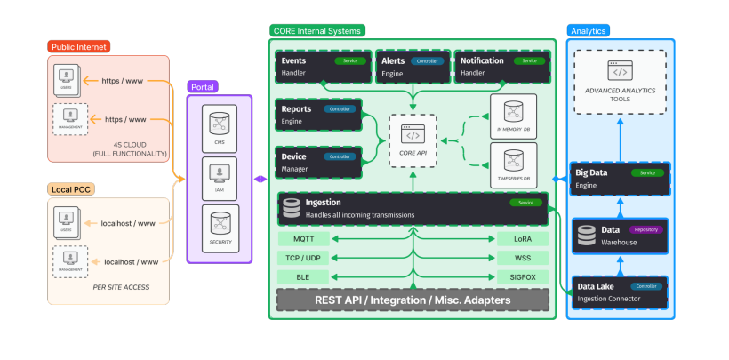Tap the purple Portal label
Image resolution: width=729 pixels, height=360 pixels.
click(204, 86)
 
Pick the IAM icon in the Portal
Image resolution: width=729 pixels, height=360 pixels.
click(219, 175)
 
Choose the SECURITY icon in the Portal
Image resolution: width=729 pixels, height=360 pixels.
click(219, 227)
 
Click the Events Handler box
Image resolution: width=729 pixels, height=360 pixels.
click(318, 66)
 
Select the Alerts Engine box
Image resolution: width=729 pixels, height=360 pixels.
click(412, 66)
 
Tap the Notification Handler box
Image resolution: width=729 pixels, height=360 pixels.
click(500, 66)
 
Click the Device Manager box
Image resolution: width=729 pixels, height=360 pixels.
click(318, 161)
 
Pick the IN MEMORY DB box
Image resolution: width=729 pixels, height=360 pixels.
click(513, 116)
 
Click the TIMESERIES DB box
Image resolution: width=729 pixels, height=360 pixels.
click(513, 165)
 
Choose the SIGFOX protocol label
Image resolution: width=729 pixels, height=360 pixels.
click(521, 276)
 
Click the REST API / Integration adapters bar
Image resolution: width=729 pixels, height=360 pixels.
click(412, 300)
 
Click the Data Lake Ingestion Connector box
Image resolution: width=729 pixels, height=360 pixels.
click(620, 292)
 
